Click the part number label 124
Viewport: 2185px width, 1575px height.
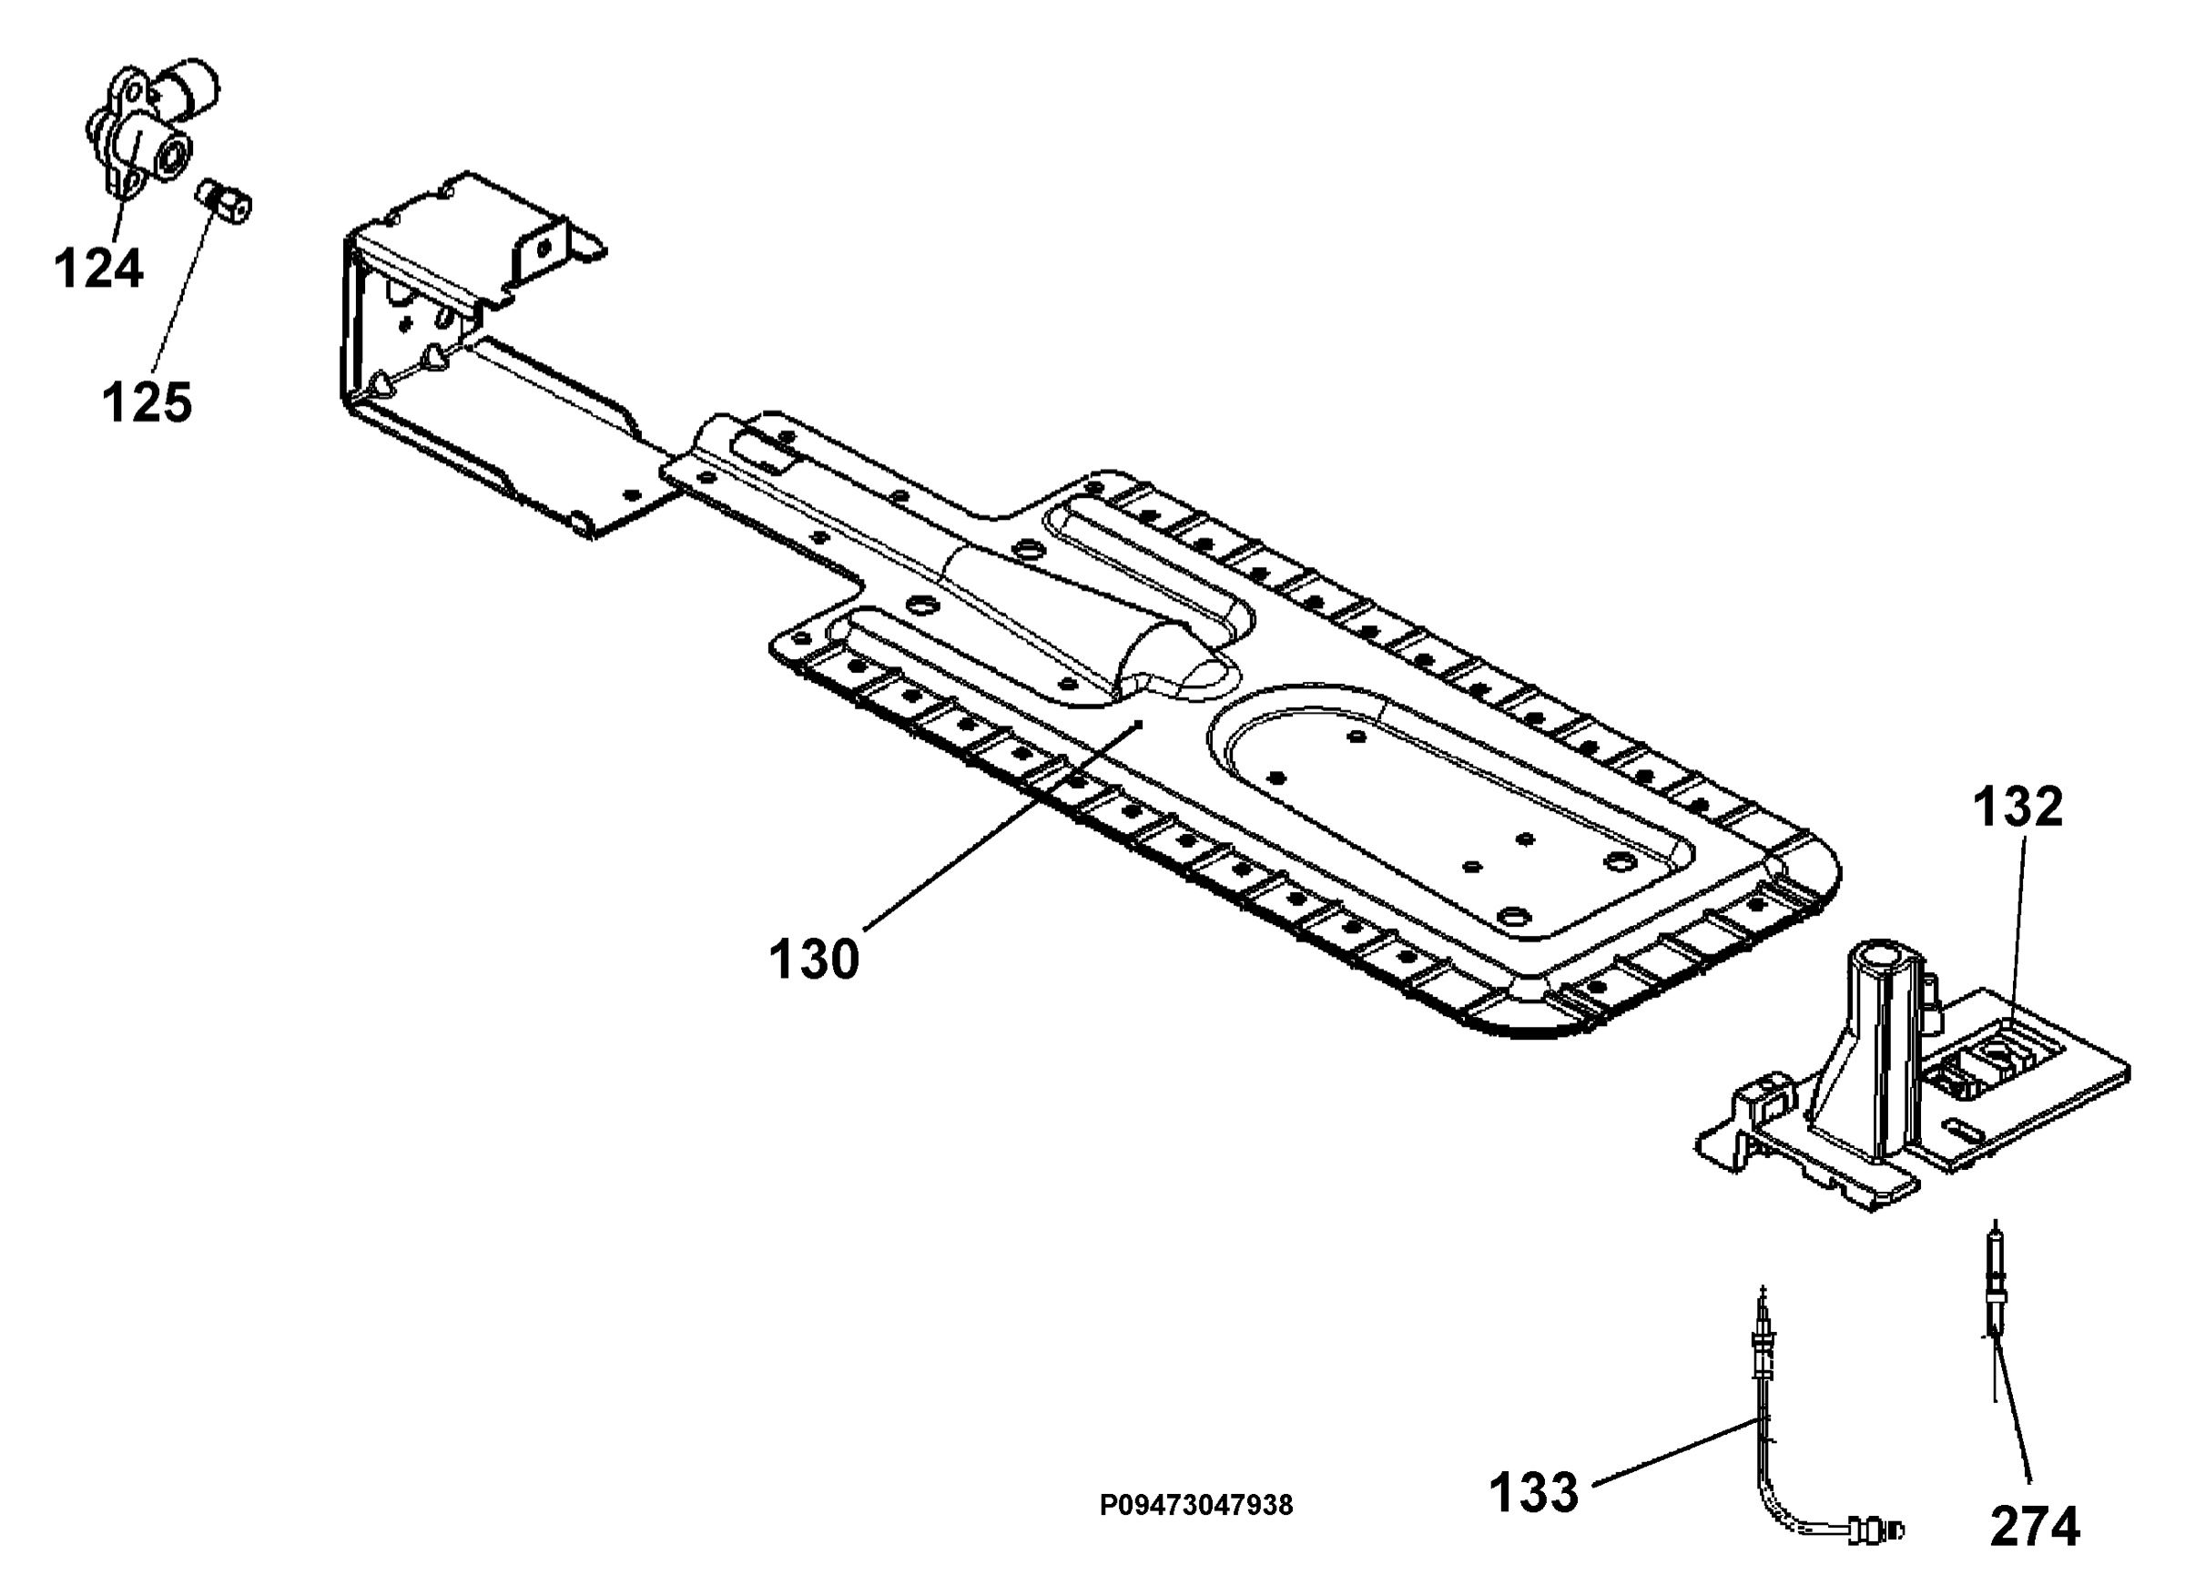(x=98, y=268)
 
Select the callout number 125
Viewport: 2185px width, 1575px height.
(x=147, y=401)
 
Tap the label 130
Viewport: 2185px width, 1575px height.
(x=813, y=960)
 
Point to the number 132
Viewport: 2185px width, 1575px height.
(x=2018, y=808)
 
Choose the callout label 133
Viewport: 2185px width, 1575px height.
(x=1534, y=1492)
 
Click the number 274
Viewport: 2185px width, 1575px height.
(x=2035, y=1527)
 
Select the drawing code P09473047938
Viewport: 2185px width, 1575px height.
(x=1195, y=1505)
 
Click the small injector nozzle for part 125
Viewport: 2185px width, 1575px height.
(x=225, y=200)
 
